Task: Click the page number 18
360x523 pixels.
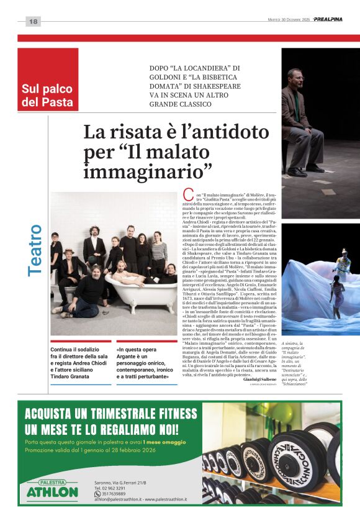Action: (x=34, y=22)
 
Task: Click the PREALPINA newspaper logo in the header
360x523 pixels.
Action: (x=328, y=19)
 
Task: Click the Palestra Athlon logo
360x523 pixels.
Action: (x=52, y=490)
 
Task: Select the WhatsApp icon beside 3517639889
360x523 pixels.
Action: (x=97, y=494)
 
